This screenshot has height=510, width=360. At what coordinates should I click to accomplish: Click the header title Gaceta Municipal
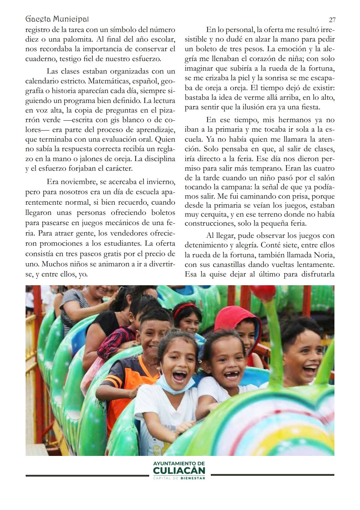tap(57, 19)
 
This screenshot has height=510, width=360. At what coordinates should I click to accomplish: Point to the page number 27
tap(332, 20)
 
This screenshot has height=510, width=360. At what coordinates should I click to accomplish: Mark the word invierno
tap(160, 182)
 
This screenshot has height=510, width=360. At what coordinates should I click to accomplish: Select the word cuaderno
tap(40, 59)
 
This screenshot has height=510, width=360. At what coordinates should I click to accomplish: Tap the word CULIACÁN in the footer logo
tap(179, 471)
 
